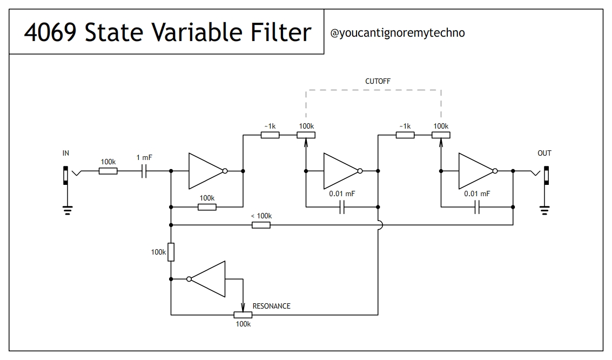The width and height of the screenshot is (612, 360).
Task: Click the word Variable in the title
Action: (190, 32)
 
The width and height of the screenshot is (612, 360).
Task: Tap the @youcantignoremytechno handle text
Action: (397, 33)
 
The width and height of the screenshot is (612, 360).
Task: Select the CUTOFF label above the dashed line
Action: (378, 81)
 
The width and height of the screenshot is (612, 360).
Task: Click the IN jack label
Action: (66, 154)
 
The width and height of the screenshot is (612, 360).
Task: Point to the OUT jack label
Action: (544, 154)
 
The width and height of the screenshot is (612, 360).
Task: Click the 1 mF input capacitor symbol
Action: (144, 171)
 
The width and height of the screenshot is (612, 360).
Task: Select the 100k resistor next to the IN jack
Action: (108, 171)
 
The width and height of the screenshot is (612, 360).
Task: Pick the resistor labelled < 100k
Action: (261, 224)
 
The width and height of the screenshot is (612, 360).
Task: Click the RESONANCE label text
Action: (271, 306)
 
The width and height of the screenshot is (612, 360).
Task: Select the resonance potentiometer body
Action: (243, 315)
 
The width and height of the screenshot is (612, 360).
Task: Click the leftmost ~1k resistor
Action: (270, 135)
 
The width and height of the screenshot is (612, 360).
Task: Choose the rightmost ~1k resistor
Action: (405, 135)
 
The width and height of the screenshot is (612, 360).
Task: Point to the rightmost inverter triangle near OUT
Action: (475, 171)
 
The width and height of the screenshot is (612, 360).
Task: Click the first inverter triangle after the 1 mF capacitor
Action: (205, 171)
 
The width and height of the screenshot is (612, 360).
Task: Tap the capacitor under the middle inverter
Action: (342, 207)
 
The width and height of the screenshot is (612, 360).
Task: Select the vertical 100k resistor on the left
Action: (171, 252)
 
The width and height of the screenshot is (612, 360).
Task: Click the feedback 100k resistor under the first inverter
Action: (207, 207)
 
